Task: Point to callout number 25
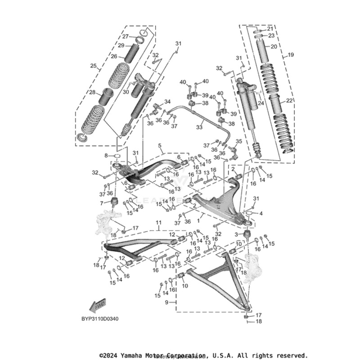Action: (x=93, y=66)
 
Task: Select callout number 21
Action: (x=270, y=29)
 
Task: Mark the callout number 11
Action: (x=158, y=223)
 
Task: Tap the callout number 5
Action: (x=159, y=146)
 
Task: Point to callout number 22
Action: (x=289, y=100)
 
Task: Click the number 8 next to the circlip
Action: (x=107, y=155)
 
